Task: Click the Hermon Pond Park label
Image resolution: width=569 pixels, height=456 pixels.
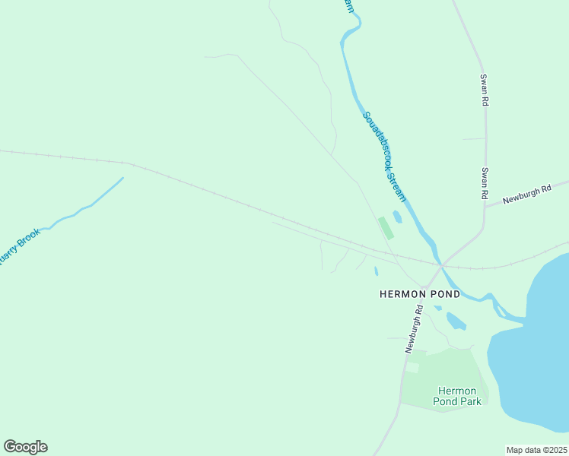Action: click(457, 396)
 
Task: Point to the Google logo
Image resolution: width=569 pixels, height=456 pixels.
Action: click(25, 447)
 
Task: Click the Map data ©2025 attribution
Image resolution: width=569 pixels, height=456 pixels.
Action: click(536, 450)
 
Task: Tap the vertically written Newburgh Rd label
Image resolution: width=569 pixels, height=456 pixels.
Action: click(413, 328)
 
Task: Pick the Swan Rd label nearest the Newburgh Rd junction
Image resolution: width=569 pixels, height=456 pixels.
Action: click(484, 184)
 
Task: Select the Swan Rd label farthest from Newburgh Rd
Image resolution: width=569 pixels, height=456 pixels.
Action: click(483, 90)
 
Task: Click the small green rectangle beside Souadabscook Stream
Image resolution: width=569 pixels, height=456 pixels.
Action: click(386, 228)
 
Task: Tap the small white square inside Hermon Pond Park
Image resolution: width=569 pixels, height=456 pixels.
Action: click(412, 367)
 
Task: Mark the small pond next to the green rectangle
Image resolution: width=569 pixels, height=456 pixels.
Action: click(397, 217)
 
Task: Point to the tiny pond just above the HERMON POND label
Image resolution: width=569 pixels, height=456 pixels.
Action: click(376, 271)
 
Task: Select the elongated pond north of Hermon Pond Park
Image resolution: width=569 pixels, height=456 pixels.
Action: click(456, 321)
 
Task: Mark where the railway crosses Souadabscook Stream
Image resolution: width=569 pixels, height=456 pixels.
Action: click(439, 264)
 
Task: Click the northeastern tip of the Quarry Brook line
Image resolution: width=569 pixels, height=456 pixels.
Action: click(122, 179)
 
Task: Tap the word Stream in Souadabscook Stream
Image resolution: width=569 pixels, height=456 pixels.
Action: click(396, 187)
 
